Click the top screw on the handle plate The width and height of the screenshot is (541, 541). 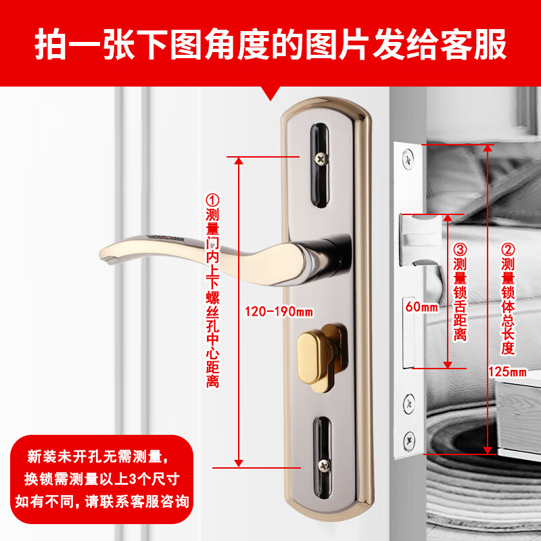tap(319, 159)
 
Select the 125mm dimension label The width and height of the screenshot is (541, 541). tap(507, 371)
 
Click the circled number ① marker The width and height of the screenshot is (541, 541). tap(213, 200)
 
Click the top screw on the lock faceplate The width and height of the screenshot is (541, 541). tap(408, 160)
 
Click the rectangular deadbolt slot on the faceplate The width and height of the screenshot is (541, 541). tap(408, 332)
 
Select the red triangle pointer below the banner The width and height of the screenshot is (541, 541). tap(273, 95)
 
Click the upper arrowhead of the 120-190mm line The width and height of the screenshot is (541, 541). tap(239, 160)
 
